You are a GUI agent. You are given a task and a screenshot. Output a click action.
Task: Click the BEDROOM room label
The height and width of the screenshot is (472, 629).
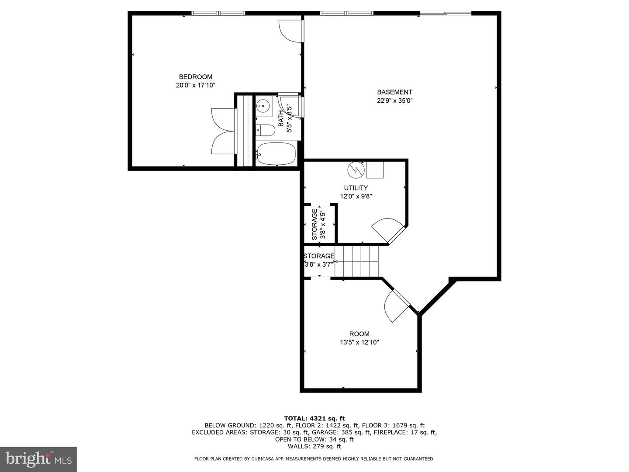[x=195, y=77]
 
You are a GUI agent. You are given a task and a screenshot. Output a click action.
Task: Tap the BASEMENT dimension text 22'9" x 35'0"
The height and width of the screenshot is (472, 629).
[x=394, y=101]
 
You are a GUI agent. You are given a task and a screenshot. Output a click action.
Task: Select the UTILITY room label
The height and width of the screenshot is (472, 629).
[x=356, y=188]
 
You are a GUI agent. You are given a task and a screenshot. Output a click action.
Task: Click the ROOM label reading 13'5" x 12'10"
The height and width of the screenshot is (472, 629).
[x=359, y=343]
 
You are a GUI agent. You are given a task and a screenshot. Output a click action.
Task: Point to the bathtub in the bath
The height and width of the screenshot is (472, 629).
[x=276, y=154]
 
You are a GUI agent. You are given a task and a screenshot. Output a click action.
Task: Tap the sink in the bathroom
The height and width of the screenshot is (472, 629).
[x=263, y=105]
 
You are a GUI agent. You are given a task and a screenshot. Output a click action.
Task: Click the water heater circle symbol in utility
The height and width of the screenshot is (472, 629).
[x=356, y=169]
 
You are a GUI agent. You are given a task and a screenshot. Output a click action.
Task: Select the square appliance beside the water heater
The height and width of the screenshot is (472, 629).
[x=375, y=170]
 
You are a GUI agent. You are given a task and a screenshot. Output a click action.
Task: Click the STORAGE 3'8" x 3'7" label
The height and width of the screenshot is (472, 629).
[x=319, y=260]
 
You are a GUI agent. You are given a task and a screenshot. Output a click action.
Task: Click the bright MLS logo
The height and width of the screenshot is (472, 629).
[x=38, y=459]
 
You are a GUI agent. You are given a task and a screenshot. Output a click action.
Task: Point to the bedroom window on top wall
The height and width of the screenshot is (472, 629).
[x=218, y=13]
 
